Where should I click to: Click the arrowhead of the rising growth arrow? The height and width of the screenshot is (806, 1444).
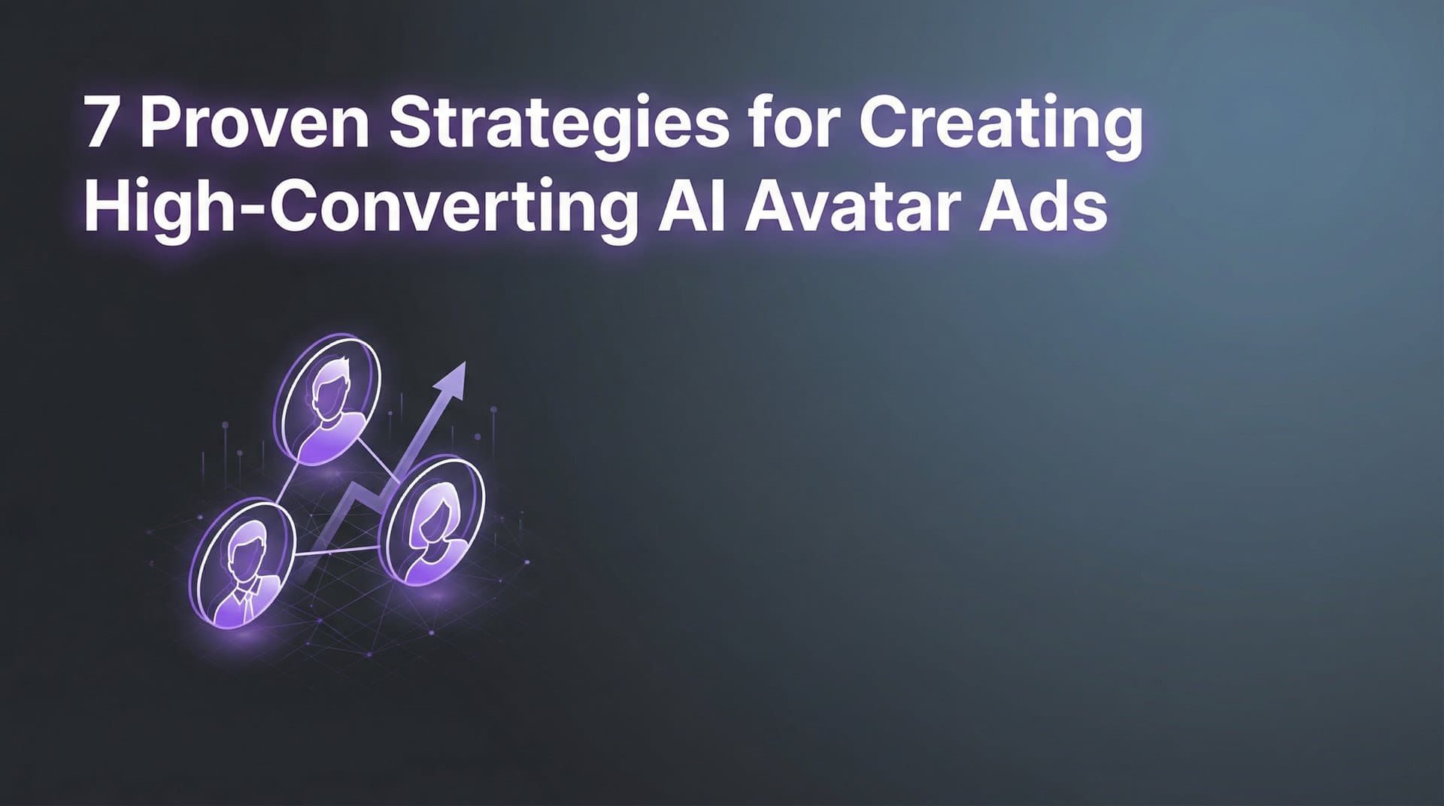pyautogui.click(x=453, y=376)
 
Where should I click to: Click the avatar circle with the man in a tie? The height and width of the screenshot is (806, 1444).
pyautogui.click(x=242, y=565)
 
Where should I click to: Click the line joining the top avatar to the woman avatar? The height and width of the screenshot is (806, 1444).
pyautogui.click(x=376, y=459)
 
